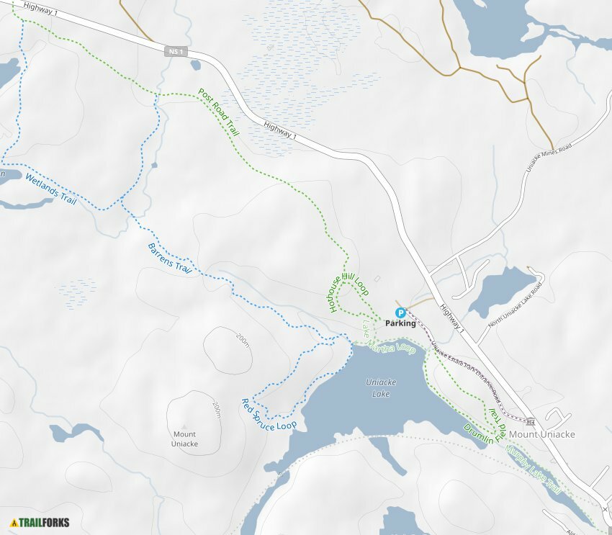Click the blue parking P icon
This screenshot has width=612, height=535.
(400, 313)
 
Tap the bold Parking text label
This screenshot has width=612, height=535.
(400, 323)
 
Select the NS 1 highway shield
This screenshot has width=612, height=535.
(175, 51)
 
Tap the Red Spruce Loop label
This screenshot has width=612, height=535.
(269, 415)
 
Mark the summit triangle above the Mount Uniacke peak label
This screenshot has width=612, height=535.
(184, 426)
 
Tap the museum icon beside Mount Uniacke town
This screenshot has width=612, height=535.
(531, 421)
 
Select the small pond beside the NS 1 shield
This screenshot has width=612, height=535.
(196, 65)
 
